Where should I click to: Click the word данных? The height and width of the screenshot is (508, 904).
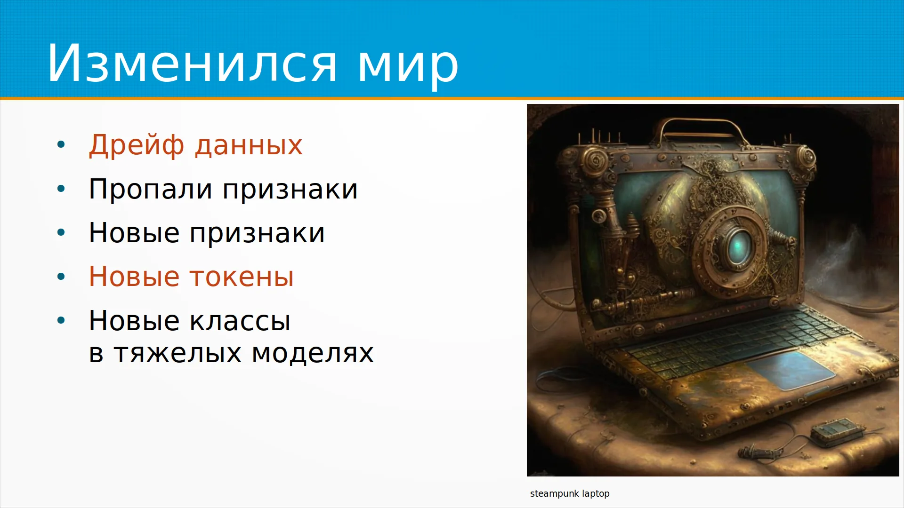coord(249,146)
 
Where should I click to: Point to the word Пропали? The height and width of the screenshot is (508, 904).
coord(150,189)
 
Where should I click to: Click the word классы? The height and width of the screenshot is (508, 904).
coord(240,321)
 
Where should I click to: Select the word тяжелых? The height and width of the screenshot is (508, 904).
coord(178,353)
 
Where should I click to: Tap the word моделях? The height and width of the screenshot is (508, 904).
coord(313,354)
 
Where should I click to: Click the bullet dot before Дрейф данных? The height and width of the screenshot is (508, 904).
coord(61,145)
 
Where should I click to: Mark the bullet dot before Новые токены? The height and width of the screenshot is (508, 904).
coord(61,277)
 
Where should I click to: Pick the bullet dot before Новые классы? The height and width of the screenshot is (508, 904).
coord(61,321)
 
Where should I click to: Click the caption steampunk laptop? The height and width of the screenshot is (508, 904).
coord(570,493)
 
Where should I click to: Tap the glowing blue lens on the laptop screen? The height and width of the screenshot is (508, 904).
coord(736,246)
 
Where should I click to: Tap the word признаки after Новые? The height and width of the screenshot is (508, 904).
coord(257,234)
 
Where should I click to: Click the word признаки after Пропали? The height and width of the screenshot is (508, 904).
coord(290,190)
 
